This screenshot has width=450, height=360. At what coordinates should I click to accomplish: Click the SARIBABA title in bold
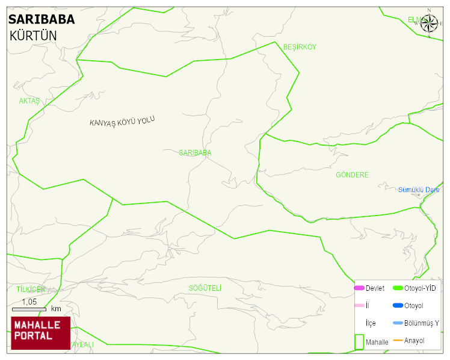click(x=42, y=19)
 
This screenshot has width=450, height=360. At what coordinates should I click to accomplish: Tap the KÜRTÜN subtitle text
click(x=33, y=36)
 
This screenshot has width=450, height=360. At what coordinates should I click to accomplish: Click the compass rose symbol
click(x=429, y=24)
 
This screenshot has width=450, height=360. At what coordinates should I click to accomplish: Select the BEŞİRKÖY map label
click(x=300, y=47)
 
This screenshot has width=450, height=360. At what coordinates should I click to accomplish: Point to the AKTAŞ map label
click(x=29, y=101)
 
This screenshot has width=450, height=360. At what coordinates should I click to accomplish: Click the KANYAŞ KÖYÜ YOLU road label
click(x=122, y=121)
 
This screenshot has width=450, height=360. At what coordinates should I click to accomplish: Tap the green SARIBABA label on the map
click(x=195, y=153)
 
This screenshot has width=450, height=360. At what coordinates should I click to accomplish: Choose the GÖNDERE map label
click(x=352, y=175)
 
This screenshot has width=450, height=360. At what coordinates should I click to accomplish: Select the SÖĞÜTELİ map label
click(x=205, y=288)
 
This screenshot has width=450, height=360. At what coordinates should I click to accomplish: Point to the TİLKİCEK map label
click(x=31, y=290)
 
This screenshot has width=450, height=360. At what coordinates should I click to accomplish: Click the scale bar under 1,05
click(x=29, y=309)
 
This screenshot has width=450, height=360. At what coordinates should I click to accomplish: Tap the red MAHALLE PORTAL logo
click(x=41, y=333)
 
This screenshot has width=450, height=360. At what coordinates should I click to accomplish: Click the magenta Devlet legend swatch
click(x=359, y=288)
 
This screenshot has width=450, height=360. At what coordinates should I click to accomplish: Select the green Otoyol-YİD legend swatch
click(x=398, y=288)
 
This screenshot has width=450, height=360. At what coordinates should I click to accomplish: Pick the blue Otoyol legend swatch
click(x=398, y=306)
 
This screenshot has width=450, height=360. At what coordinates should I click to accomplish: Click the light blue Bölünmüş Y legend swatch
click(x=398, y=323)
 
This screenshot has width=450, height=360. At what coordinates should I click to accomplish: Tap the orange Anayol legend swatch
click(x=398, y=341)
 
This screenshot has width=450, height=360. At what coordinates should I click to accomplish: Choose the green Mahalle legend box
click(x=359, y=341)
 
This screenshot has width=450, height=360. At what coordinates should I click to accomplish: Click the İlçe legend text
click(x=371, y=323)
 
